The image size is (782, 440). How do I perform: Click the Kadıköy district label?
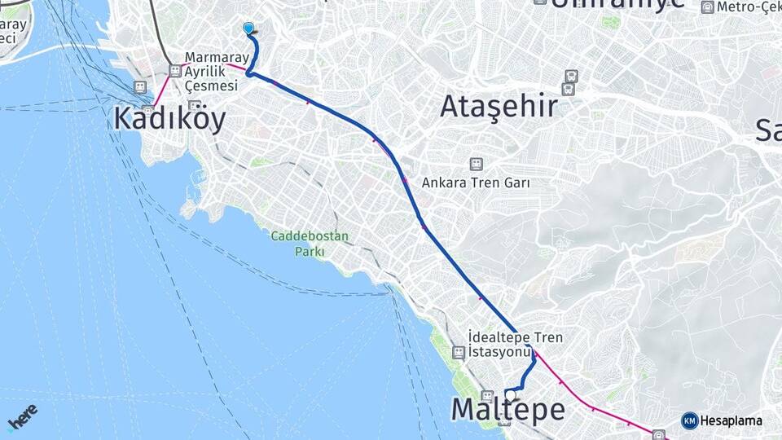click(169, 118)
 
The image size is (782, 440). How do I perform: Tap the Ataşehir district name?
click(499, 106)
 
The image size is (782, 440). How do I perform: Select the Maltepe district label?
click(507, 410)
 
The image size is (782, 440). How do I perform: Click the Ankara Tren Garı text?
click(476, 183)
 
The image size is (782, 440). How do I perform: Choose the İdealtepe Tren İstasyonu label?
click(516, 345)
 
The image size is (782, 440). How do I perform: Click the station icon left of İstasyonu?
click(459, 352)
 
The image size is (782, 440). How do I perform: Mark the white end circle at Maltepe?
click(511, 395)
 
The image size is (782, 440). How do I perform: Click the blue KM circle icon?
click(689, 420)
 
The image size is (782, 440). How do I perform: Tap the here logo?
click(22, 418)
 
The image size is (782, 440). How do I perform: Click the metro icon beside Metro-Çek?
click(708, 7)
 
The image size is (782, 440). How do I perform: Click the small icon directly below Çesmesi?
click(195, 106)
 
